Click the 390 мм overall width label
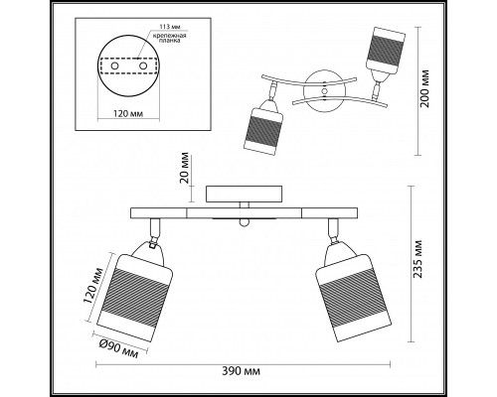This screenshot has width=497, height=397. click(x=241, y=371)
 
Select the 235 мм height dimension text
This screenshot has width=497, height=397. click(x=418, y=259)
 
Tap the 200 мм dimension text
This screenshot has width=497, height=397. click(x=424, y=88)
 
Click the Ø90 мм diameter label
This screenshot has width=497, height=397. click(x=118, y=349)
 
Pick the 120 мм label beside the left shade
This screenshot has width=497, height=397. click(x=93, y=285)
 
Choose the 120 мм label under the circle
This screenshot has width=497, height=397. click(x=128, y=114)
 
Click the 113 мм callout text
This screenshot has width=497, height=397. click(x=170, y=27)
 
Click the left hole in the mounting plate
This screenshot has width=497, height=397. click(x=114, y=66)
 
